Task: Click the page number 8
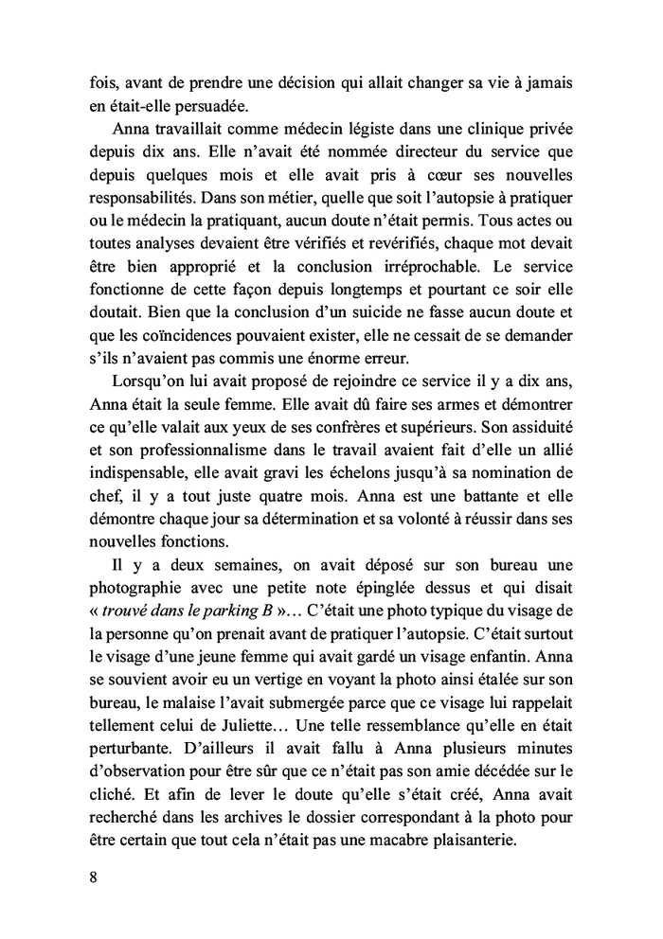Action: pyautogui.click(x=82, y=875)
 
